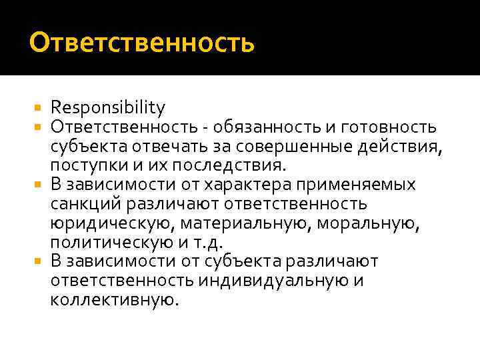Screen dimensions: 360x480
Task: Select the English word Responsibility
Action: (107, 107)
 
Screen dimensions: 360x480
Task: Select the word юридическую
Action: (106, 223)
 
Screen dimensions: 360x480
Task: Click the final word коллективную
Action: (114, 300)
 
